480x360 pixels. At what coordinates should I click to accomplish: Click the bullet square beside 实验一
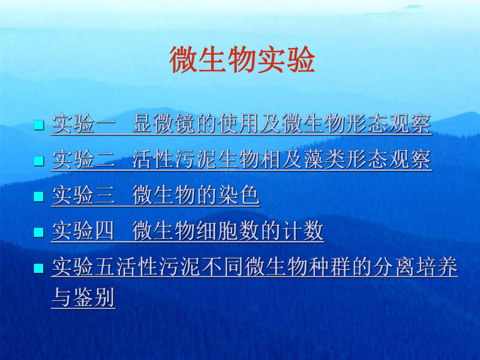(38, 126)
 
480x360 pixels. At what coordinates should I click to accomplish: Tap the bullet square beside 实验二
(38, 161)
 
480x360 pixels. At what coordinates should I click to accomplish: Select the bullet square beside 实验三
(38, 197)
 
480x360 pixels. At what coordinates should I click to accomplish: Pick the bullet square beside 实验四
(38, 232)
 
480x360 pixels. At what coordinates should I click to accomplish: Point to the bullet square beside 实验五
(38, 268)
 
